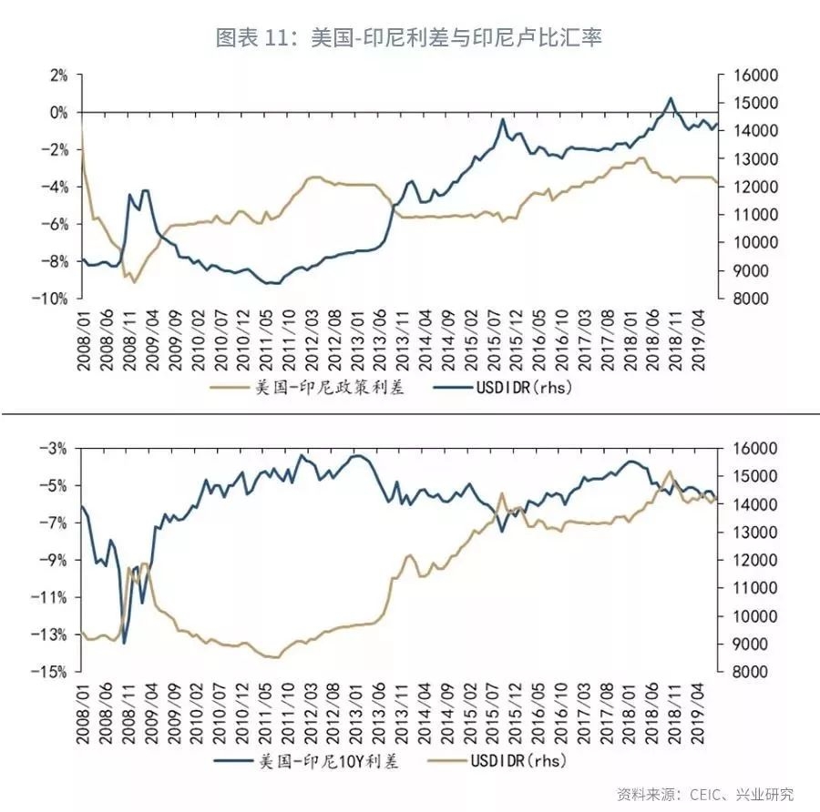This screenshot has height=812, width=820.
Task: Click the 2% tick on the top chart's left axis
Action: point(57,76)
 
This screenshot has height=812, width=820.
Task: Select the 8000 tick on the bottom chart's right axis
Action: point(746,672)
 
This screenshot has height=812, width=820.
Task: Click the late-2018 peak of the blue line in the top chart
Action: point(671,97)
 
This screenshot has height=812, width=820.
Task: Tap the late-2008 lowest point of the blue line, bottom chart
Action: point(124,643)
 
